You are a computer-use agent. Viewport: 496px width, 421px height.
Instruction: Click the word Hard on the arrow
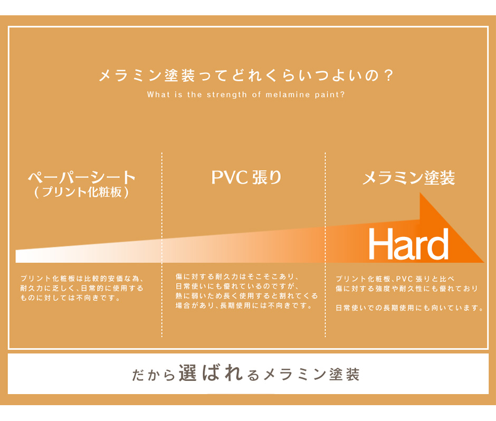click(x=408, y=244)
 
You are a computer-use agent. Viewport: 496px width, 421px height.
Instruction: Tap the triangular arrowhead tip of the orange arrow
click(x=483, y=262)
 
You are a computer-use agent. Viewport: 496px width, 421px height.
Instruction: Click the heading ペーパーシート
click(x=82, y=177)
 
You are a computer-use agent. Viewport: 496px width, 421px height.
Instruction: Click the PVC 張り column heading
click(x=246, y=177)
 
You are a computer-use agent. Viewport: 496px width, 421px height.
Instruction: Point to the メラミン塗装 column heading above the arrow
click(x=408, y=178)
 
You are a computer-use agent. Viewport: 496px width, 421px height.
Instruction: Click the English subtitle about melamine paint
click(x=246, y=94)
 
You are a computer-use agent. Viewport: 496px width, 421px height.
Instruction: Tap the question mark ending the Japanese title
click(x=389, y=75)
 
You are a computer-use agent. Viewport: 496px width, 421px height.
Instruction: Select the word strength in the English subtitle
click(x=226, y=95)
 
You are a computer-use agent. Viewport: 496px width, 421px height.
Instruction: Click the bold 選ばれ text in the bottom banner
click(x=211, y=373)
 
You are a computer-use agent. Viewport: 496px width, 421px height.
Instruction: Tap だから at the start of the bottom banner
click(x=154, y=375)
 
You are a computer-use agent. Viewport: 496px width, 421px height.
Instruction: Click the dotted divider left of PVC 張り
click(x=161, y=244)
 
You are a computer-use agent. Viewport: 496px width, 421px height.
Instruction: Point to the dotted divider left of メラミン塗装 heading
click(x=325, y=244)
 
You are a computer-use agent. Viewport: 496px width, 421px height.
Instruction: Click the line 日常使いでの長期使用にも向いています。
click(x=409, y=308)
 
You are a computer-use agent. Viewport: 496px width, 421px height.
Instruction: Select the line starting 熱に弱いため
click(x=247, y=296)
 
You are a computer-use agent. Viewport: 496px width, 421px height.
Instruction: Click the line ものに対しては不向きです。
click(x=70, y=298)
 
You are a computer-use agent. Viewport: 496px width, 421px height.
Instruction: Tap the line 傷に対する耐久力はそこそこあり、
click(x=237, y=277)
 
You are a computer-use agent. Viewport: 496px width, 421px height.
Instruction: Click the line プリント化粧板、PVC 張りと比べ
click(x=395, y=279)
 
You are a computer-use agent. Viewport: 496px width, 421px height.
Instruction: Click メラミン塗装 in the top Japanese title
click(x=147, y=75)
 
